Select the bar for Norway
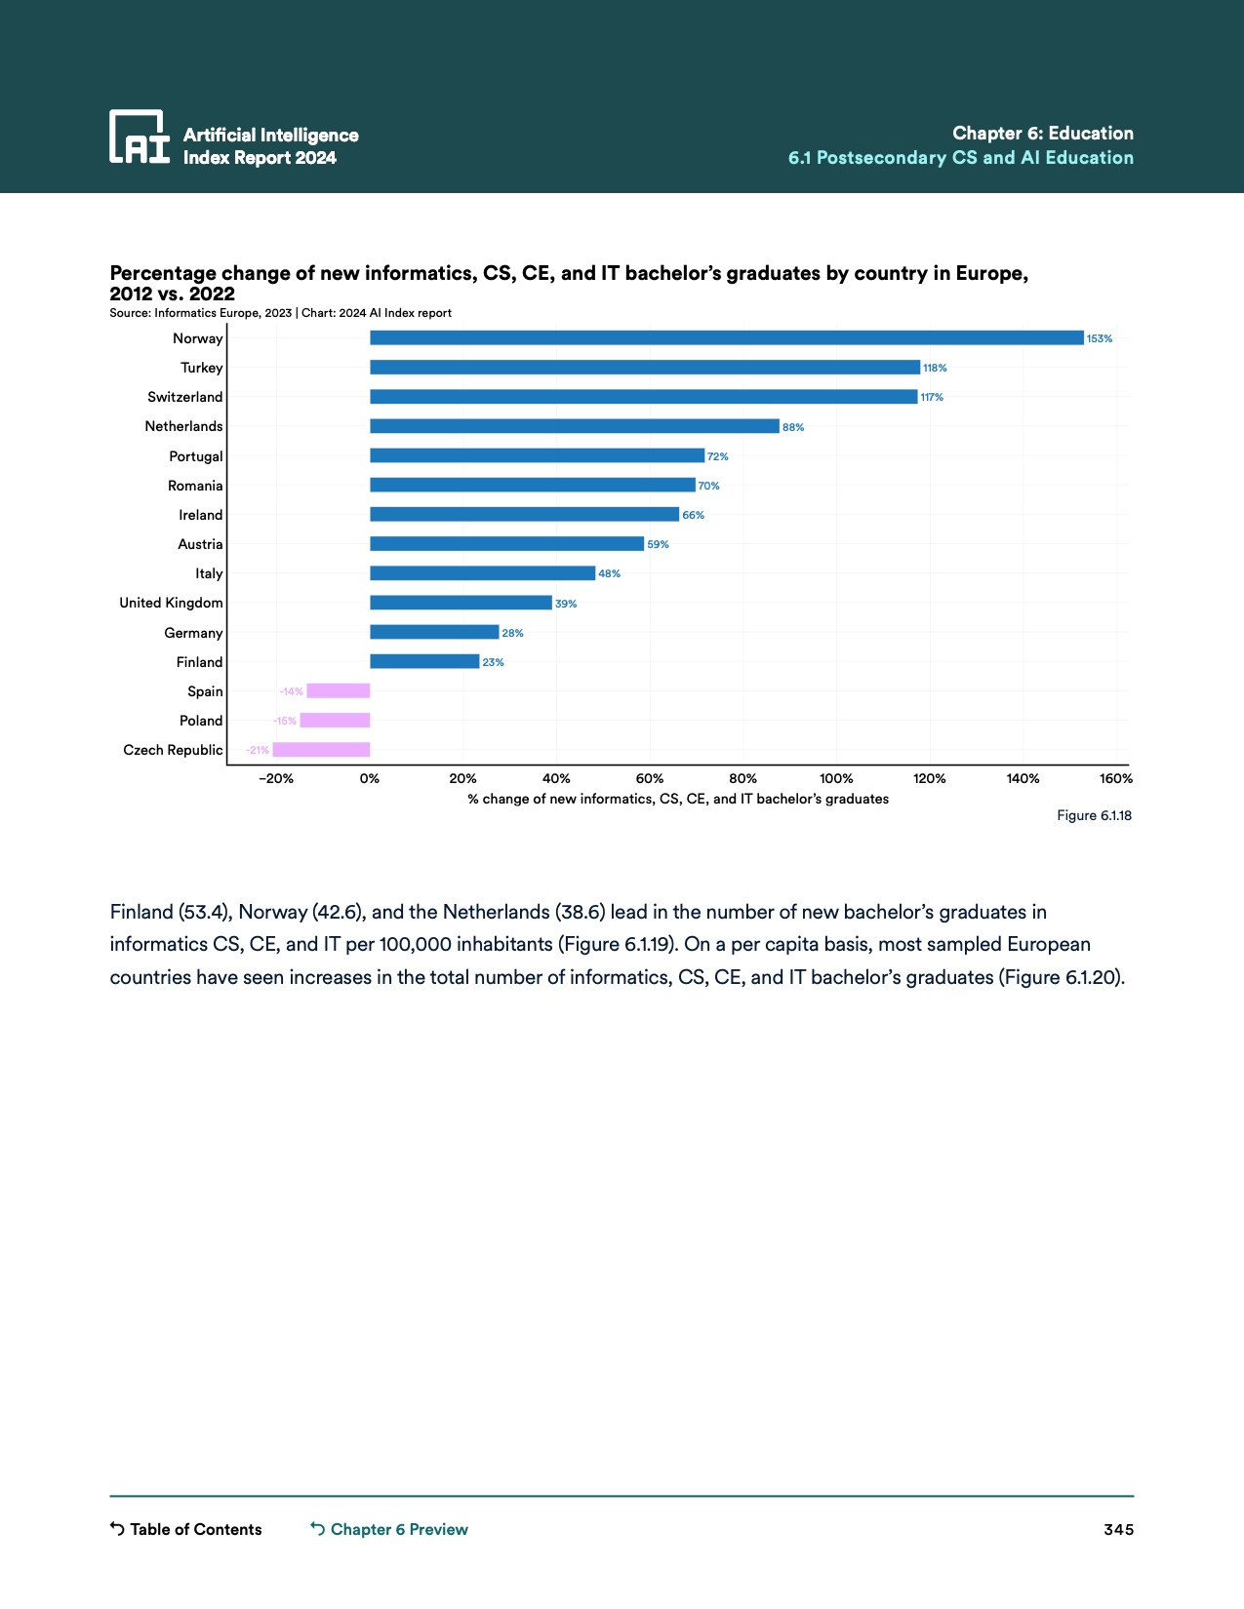pos(726,338)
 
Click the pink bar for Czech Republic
pos(321,750)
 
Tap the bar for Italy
pos(482,573)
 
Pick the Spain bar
pos(338,691)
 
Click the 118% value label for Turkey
pos(935,369)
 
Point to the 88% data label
pos(793,427)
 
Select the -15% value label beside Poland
pos(285,722)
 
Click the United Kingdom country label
pos(171,603)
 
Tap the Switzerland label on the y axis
pos(184,397)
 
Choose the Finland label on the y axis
pos(199,662)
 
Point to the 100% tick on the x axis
pos(836,779)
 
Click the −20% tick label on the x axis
pos(275,779)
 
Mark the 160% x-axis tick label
pos(1116,779)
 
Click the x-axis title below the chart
pos(678,799)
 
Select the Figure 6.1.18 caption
pos(1094,815)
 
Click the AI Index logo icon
pos(140,136)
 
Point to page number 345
pos(1118,1529)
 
